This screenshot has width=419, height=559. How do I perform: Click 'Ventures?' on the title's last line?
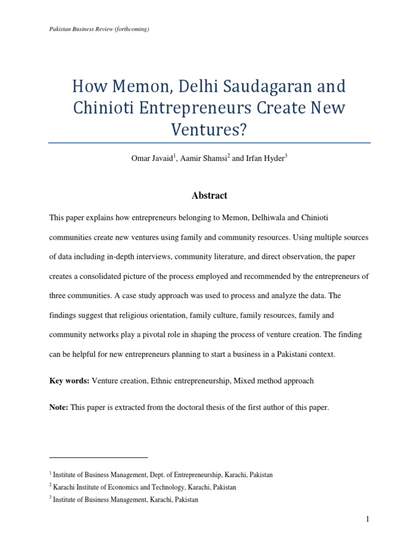[209, 129]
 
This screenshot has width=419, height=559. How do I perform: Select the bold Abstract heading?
[209, 195]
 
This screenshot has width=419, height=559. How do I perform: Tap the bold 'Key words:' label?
[69, 380]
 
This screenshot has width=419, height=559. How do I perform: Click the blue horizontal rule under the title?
[209, 143]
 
